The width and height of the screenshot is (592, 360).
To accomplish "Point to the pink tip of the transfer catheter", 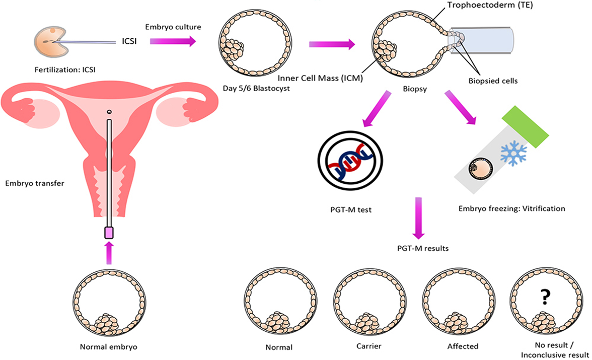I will (x=109, y=233).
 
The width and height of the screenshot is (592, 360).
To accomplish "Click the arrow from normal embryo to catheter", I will (x=109, y=253).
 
